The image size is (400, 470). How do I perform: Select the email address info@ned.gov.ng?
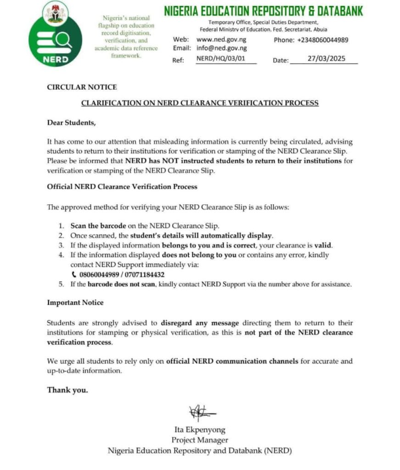[x=221, y=48]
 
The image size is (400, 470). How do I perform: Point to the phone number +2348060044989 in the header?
[x=322, y=40]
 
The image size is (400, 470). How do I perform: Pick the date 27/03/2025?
[x=327, y=59]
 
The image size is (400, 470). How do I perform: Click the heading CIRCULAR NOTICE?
[x=82, y=87]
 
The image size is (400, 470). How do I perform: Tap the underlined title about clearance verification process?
[x=200, y=103]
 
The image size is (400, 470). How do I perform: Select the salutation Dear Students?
[x=72, y=123]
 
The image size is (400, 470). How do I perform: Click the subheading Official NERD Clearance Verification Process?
[x=122, y=187]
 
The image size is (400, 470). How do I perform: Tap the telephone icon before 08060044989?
[x=74, y=274]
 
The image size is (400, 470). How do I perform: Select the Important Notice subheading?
[x=75, y=303]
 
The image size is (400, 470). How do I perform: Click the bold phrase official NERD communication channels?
[x=232, y=361]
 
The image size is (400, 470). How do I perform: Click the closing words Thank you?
[x=67, y=390]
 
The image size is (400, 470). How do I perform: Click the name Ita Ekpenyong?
[x=200, y=430]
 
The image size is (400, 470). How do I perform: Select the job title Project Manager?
[x=200, y=440]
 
